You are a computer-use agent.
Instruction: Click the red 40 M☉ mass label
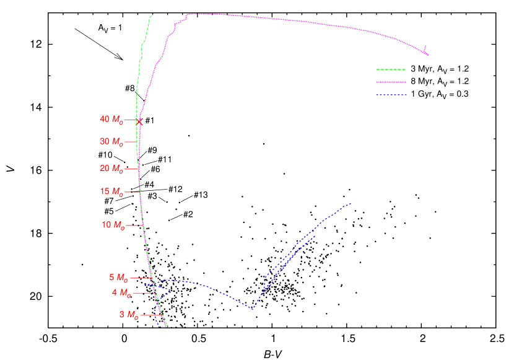pos(111,120)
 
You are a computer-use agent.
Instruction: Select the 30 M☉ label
pos(111,142)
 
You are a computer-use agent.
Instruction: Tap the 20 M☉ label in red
pos(111,169)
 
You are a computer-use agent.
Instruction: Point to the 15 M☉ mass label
pos(111,192)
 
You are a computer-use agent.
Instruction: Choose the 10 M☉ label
pos(113,225)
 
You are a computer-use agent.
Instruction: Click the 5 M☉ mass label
pos(119,278)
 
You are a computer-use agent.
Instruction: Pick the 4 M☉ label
pos(121,292)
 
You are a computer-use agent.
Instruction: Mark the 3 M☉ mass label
pos(129,315)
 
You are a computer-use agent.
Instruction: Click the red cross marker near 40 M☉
pos(139,121)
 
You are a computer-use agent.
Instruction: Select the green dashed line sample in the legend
pos(391,69)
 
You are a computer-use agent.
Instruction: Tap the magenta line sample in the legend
pos(391,82)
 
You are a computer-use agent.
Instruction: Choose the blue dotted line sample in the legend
pos(391,95)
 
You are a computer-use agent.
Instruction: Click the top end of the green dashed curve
pos(153,14)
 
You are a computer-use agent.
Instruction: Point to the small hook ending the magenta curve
pos(426,49)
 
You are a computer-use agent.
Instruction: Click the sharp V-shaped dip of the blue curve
pos(252,309)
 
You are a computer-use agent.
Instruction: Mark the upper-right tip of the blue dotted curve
pos(351,203)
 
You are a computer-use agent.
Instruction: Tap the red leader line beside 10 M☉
pos(135,225)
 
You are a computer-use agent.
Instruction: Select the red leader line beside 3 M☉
pos(150,315)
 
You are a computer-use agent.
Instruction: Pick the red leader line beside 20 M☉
pos(131,169)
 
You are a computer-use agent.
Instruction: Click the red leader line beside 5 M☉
pos(141,278)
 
